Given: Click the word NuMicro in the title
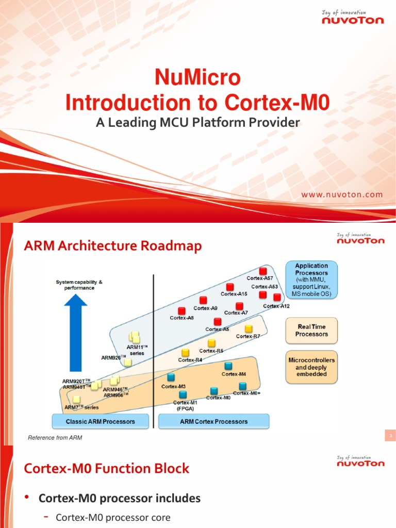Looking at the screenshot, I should pyautogui.click(x=197, y=78).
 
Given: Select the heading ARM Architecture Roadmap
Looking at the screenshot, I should pyautogui.click(x=113, y=247).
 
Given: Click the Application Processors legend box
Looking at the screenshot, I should pyautogui.click(x=311, y=279).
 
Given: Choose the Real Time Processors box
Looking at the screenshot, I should pyautogui.click(x=311, y=331).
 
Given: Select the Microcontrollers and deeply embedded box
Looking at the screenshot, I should pyautogui.click(x=311, y=367).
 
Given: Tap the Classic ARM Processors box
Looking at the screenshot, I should pyautogui.click(x=101, y=421).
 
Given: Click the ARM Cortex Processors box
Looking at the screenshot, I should pyautogui.click(x=213, y=421).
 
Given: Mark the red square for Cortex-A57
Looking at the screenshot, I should pyautogui.click(x=263, y=271).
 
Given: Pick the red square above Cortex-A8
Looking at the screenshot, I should pyautogui.click(x=181, y=310).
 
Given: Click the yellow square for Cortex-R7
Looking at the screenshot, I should pyautogui.click(x=249, y=328).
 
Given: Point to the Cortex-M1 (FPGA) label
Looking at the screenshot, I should pyautogui.click(x=184, y=405).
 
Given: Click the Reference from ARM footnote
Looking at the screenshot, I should pyautogui.click(x=55, y=438).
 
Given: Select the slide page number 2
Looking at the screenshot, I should pyautogui.click(x=390, y=437).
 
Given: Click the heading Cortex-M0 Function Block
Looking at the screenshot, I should pyautogui.click(x=107, y=469).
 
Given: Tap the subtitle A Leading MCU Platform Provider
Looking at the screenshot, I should pyautogui.click(x=197, y=123).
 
